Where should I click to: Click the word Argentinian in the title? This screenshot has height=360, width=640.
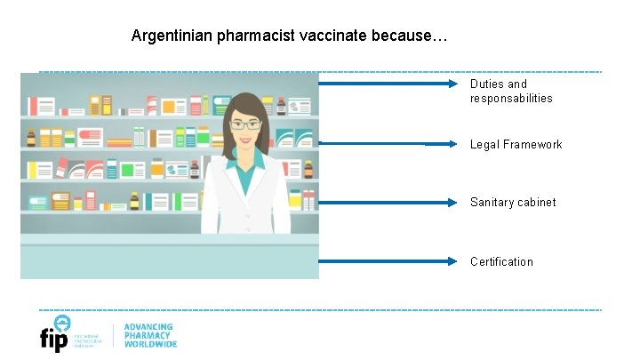tap(169, 36)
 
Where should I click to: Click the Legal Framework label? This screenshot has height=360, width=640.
tap(516, 144)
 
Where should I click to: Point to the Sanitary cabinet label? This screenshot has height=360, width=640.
tap(513, 202)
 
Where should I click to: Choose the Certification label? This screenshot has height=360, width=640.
tap(501, 261)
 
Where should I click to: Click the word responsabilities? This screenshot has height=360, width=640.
tap(511, 99)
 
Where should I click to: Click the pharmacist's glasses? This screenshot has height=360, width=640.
tap(245, 124)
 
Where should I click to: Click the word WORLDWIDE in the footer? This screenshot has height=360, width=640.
tap(150, 344)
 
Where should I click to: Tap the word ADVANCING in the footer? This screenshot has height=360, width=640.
tap(148, 327)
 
